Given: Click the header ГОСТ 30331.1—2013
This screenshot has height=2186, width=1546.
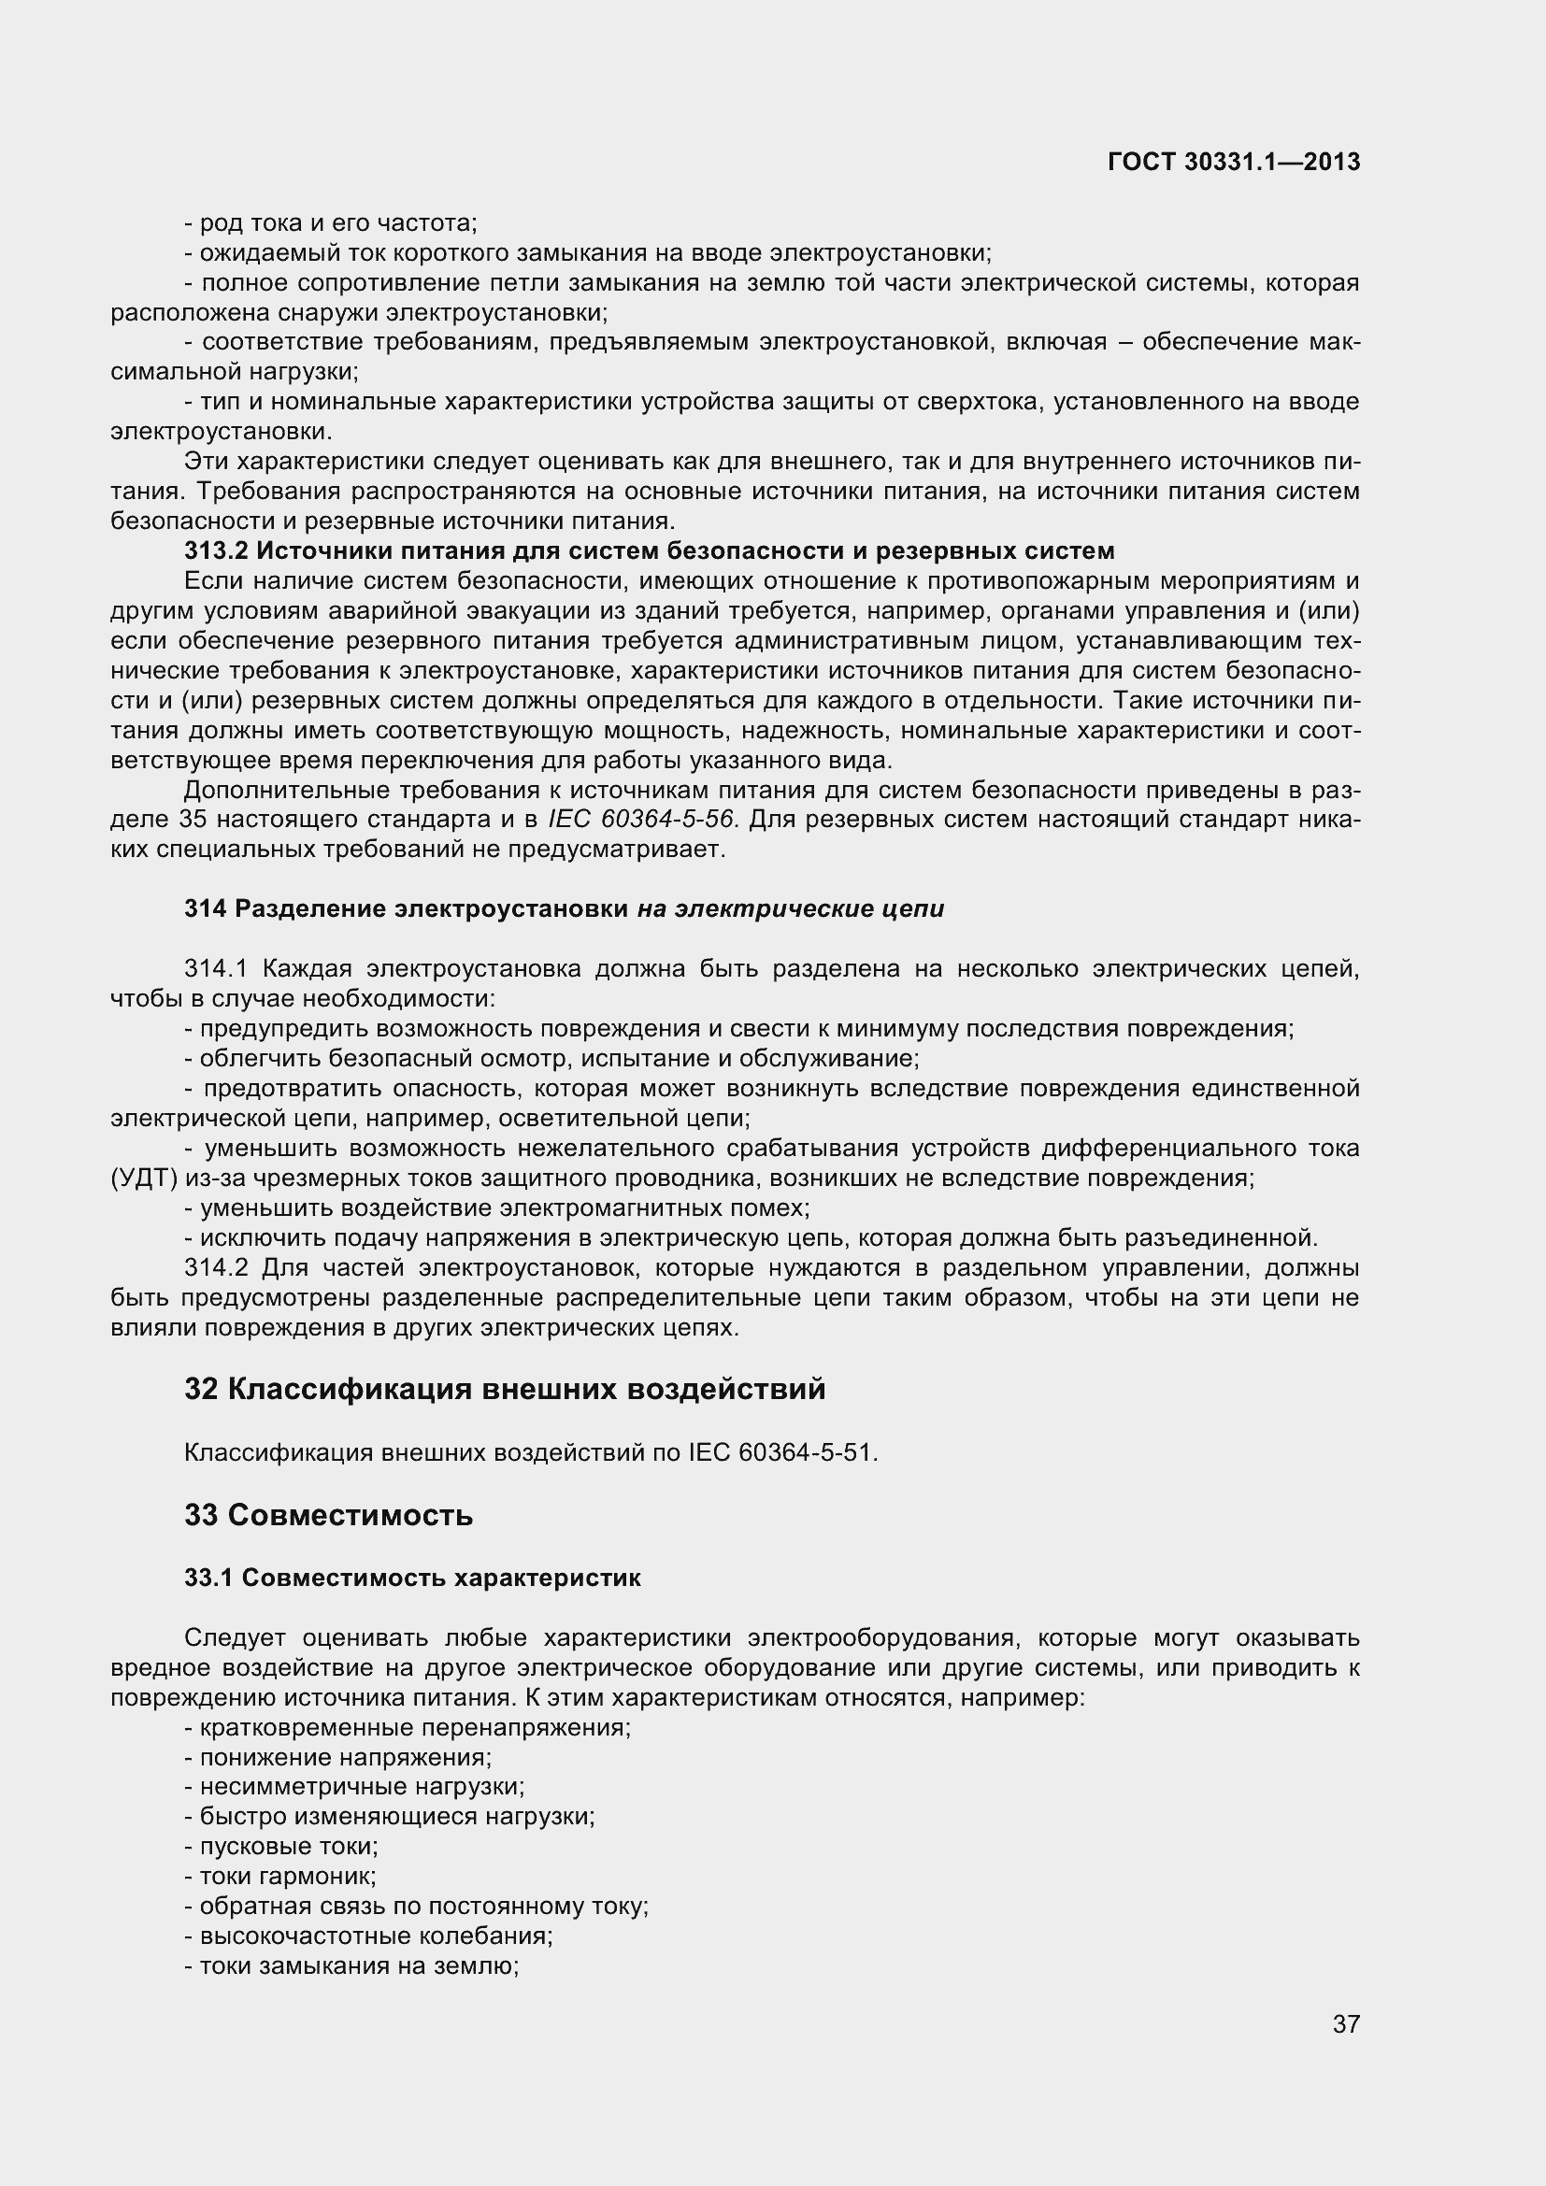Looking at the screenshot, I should [x=1234, y=163].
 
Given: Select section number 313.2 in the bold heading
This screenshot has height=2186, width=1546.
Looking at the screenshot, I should [x=216, y=551].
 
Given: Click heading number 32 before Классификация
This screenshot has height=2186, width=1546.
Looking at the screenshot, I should [x=201, y=1390].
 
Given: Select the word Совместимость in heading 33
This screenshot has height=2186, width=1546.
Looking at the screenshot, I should [x=351, y=1516].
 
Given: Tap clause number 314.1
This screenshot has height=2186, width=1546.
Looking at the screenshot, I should [x=216, y=969].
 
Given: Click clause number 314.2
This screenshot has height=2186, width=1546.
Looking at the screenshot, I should [x=216, y=1268].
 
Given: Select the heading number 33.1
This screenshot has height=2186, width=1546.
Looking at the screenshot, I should [x=208, y=1578].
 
